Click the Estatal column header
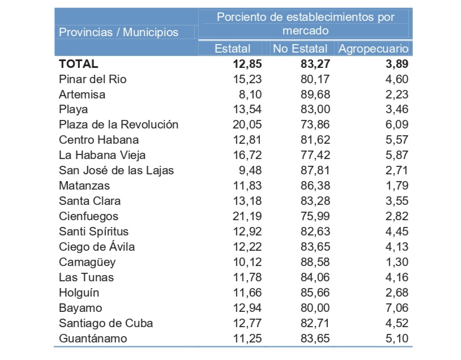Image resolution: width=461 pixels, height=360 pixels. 233,49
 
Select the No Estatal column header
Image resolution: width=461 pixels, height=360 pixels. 300,49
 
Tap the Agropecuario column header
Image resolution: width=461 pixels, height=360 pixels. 373,49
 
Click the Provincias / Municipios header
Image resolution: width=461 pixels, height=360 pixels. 118,32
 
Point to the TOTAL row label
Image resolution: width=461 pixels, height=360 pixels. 78,64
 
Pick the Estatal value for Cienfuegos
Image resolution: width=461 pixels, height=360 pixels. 247,216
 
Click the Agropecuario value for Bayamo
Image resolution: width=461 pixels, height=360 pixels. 396,308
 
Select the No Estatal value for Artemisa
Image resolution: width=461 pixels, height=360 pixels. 315,95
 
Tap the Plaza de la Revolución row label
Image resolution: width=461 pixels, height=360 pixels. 118,125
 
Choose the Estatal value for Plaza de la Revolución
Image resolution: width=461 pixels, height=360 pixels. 247,125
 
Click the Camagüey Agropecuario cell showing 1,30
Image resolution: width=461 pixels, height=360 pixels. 396,262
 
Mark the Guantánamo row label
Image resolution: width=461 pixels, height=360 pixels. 93,338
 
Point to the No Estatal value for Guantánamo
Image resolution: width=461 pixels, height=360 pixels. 315,338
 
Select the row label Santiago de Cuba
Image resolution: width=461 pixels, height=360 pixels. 106,323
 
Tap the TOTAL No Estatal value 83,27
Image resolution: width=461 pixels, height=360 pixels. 315,64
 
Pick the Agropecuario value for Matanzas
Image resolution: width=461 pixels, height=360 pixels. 396,186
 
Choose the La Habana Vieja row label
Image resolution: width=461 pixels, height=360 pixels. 102,155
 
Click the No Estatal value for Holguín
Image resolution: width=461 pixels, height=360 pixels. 315,293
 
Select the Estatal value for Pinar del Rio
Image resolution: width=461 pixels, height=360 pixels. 247,79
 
